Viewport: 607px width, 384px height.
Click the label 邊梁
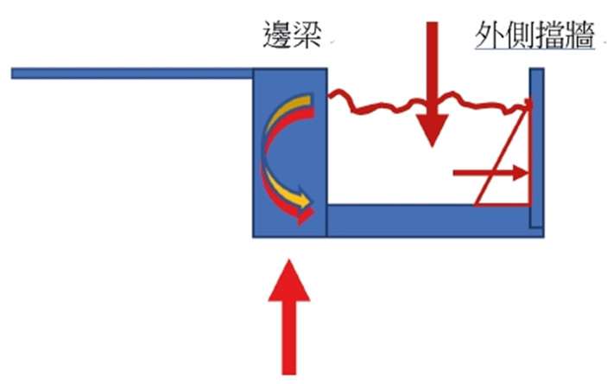292,35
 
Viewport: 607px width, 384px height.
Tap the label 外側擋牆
534,35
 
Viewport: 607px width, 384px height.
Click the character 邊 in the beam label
277,35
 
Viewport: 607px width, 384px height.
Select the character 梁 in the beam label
307,35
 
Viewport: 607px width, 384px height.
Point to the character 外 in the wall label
490,35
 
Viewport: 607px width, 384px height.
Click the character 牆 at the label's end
580,35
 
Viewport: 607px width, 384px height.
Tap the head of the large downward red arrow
432,131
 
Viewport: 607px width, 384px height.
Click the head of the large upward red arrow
288,280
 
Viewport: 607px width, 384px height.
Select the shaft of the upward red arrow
288,338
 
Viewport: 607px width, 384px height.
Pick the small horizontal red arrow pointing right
490,173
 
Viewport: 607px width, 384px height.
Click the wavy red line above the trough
429,102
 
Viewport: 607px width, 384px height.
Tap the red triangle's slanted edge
502,153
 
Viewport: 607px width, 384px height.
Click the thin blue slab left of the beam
132,74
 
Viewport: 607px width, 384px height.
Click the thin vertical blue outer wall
537,147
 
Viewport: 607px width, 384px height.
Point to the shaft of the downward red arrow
432,68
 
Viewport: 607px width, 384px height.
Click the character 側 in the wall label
520,35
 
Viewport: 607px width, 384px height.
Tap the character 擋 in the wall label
550,35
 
